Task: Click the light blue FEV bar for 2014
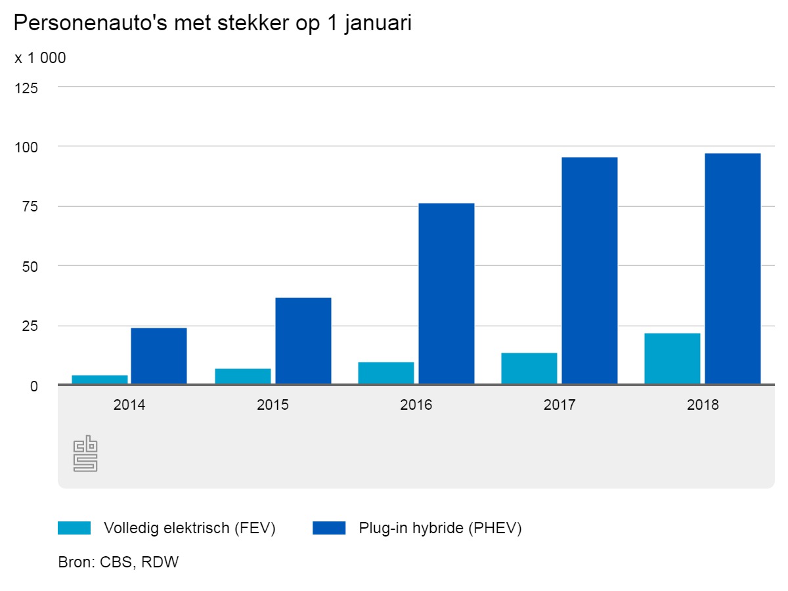99,380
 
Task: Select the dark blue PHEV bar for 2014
158,355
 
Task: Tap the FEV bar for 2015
242,376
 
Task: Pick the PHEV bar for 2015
303,341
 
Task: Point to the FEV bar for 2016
385,373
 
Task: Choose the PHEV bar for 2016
446,294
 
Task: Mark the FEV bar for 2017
529,368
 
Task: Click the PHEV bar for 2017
589,271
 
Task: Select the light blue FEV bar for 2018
672,359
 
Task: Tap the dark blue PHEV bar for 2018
732,269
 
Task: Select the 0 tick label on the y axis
34,386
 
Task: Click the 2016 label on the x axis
416,405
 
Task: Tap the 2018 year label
703,405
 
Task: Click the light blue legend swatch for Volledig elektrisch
74,528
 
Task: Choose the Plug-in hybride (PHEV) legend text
440,528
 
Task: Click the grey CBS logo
85,453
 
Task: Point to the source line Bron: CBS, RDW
118,563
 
